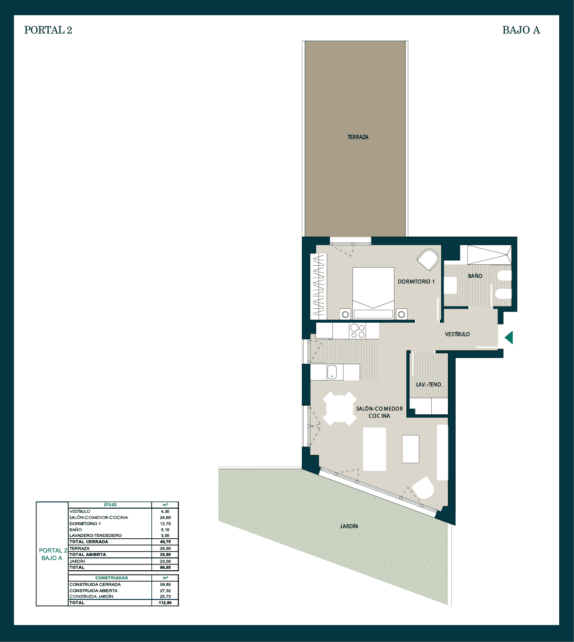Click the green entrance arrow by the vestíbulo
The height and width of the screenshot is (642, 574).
click(x=509, y=337)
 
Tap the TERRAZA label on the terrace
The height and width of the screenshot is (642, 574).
click(x=358, y=137)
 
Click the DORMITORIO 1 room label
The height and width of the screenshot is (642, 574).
click(x=416, y=282)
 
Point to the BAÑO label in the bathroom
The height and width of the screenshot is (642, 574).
click(x=475, y=276)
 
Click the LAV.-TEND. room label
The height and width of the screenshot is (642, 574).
click(x=429, y=385)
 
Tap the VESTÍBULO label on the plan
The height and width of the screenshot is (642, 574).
click(x=457, y=334)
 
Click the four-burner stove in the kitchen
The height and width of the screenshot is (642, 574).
click(x=358, y=331)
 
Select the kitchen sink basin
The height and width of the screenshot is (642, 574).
click(x=331, y=372)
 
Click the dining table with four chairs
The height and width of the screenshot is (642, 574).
click(x=340, y=408)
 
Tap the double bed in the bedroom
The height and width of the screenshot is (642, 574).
click(x=373, y=293)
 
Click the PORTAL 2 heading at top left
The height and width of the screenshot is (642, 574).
click(x=48, y=30)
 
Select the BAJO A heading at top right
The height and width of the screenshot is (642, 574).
click(x=521, y=30)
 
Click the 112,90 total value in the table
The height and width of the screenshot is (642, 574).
click(x=165, y=603)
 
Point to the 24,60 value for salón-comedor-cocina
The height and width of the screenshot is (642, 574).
click(x=165, y=518)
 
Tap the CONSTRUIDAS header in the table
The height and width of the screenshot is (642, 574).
click(x=111, y=578)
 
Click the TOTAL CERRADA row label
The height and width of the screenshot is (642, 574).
click(x=89, y=542)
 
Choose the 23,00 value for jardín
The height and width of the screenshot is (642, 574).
click(x=165, y=561)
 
